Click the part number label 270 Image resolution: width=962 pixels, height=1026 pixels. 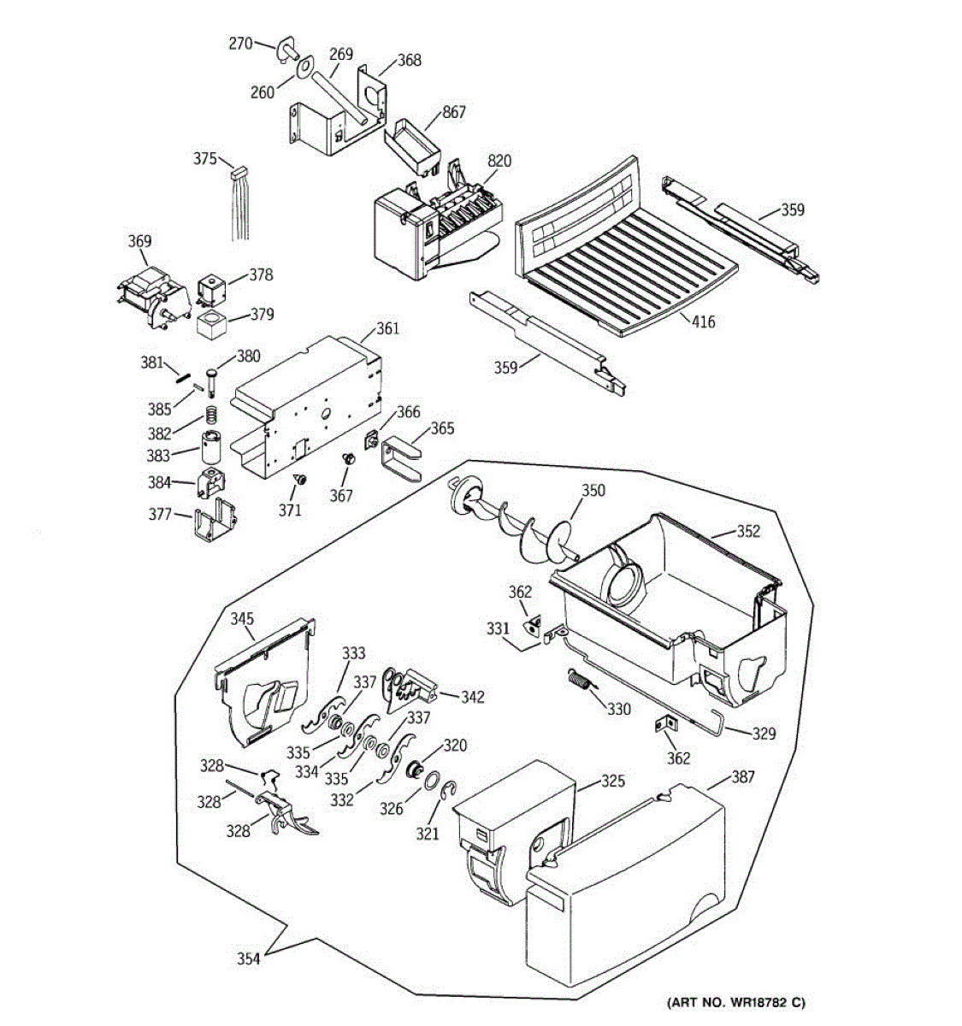pyautogui.click(x=240, y=44)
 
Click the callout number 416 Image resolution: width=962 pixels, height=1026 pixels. pyautogui.click(x=704, y=321)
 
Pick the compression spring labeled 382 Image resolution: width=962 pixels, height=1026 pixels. pyautogui.click(x=212, y=415)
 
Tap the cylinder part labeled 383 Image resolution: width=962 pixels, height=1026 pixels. pyautogui.click(x=210, y=447)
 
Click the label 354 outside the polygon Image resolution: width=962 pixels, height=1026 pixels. pyautogui.click(x=248, y=958)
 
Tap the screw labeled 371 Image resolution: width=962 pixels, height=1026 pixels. pyautogui.click(x=299, y=479)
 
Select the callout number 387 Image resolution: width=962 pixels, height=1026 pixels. pyautogui.click(x=742, y=776)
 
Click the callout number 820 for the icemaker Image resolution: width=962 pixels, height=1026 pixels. pyautogui.click(x=499, y=161)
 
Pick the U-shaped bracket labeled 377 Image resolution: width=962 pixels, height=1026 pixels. pyautogui.click(x=216, y=522)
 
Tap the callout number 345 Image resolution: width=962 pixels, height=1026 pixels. pyautogui.click(x=242, y=618)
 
